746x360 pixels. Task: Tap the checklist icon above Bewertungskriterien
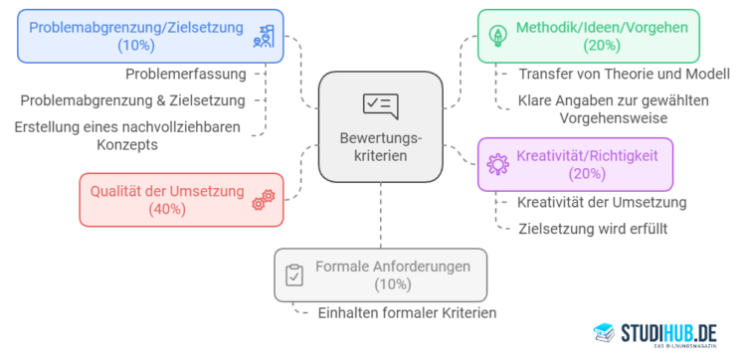pos(380,104)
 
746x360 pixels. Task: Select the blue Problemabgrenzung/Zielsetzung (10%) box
pos(150,36)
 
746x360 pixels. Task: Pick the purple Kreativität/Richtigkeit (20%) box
pos(575,163)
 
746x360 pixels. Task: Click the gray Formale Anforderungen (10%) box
pos(381,274)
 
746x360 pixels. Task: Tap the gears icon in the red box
pos(263,199)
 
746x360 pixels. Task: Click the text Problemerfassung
pos(186,75)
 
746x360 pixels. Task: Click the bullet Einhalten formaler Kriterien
pos(407,312)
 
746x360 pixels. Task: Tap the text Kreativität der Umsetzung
pos(602,203)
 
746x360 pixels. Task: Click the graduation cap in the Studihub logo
pos(603,332)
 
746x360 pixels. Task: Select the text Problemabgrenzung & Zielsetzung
pos(132,99)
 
